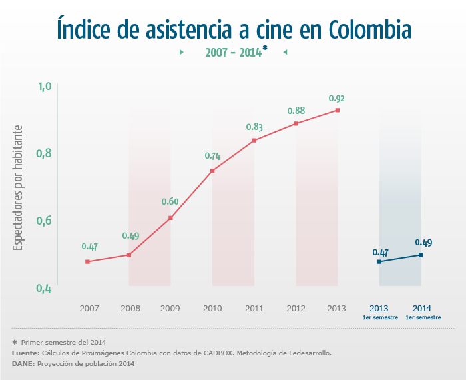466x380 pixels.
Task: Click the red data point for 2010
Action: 212,171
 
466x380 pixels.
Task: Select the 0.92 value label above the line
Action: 336,99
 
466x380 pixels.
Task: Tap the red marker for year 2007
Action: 87,261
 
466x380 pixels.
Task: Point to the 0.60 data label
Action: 170,202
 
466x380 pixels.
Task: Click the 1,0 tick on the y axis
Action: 45,87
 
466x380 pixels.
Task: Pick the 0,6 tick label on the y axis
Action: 45,221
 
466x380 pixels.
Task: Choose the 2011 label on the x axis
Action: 254,309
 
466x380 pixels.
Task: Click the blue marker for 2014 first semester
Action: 421,255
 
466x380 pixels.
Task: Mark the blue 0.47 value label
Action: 380,253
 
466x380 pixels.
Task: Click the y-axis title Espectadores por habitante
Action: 19,188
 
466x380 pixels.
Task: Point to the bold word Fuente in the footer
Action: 25,353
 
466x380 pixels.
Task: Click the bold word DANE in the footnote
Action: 23,363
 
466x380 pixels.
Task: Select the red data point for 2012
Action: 296,123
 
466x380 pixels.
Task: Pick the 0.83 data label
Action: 254,127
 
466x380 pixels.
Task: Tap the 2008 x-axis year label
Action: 129,309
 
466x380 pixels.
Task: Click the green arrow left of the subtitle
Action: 182,52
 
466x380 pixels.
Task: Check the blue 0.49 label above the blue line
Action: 423,243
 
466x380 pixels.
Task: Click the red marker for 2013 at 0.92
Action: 338,110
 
